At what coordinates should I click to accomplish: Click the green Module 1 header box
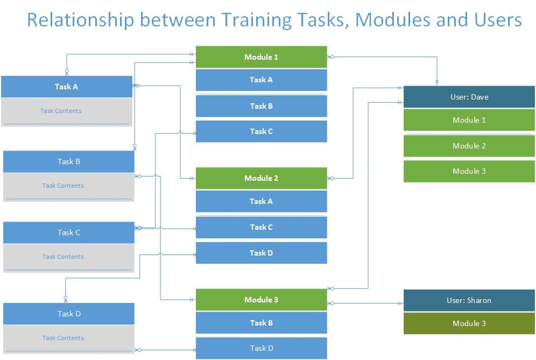pos(261,57)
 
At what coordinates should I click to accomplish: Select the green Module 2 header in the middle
pos(261,178)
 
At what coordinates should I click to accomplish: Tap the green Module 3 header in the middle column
pos(261,300)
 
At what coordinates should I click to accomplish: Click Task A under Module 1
pos(261,80)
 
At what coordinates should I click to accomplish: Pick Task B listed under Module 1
pos(261,106)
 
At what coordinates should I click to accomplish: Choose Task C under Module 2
pos(261,227)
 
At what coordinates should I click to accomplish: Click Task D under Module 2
pos(261,253)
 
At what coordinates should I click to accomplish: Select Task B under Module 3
pos(261,323)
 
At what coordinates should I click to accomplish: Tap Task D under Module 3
pos(261,348)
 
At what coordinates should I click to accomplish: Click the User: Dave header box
pos(469,97)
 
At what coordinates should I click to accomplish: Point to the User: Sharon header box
pos(469,300)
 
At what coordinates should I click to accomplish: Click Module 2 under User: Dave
pos(469,146)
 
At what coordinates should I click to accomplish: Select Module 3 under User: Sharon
pos(469,323)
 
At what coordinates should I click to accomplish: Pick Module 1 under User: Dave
pos(469,120)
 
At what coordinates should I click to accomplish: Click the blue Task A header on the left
pos(67,87)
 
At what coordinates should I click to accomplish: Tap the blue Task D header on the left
pos(69,314)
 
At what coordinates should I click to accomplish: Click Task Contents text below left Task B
pos(63,186)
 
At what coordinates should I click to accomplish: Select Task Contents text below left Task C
pos(63,257)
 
